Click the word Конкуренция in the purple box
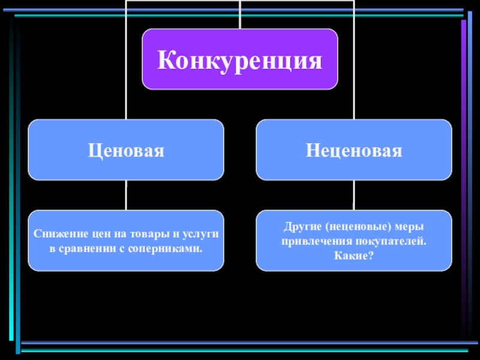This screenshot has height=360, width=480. [x=240, y=59]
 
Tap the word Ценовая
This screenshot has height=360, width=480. [x=126, y=150]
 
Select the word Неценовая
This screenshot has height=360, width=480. [x=354, y=150]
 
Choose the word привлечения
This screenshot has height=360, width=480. [x=313, y=241]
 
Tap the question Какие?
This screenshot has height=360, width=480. [x=353, y=256]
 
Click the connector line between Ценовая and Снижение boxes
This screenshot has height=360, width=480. [x=126, y=195]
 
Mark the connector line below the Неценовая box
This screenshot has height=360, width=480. [x=354, y=195]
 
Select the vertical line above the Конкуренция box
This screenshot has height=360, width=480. [x=240, y=15]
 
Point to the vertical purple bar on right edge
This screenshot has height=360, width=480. [x=463, y=180]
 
